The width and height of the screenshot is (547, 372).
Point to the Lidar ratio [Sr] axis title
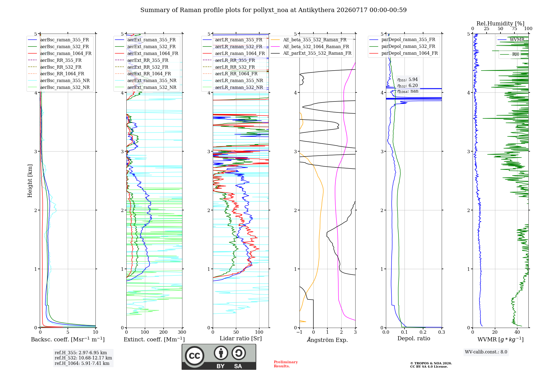pyautogui.click(x=241, y=338)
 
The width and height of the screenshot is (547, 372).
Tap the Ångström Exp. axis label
pyautogui.click(x=327, y=340)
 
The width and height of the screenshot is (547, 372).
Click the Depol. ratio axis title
pyautogui.click(x=414, y=338)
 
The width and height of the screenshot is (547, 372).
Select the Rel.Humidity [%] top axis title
pyautogui.click(x=501, y=24)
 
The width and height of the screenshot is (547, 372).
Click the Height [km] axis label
pyautogui.click(x=30, y=181)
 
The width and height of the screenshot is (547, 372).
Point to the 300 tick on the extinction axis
pyautogui.click(x=182, y=332)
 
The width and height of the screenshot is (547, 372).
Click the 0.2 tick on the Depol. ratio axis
pyautogui.click(x=423, y=332)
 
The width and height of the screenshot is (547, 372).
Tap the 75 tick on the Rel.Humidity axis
pyautogui.click(x=514, y=28)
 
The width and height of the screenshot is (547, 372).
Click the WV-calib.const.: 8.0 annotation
pyautogui.click(x=486, y=352)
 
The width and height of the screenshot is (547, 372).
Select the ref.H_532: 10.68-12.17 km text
pyautogui.click(x=83, y=358)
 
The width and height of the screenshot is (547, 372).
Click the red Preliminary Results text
pyautogui.click(x=286, y=364)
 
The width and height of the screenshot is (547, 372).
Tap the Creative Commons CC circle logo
pyautogui.click(x=195, y=356)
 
